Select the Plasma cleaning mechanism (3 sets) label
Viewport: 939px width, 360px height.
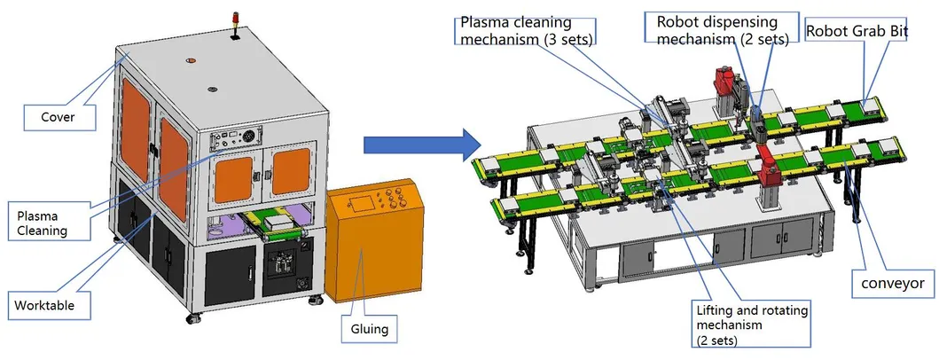click(x=526, y=29)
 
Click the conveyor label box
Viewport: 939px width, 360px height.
click(x=893, y=284)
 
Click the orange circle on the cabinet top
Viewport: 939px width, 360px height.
click(x=191, y=61)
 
